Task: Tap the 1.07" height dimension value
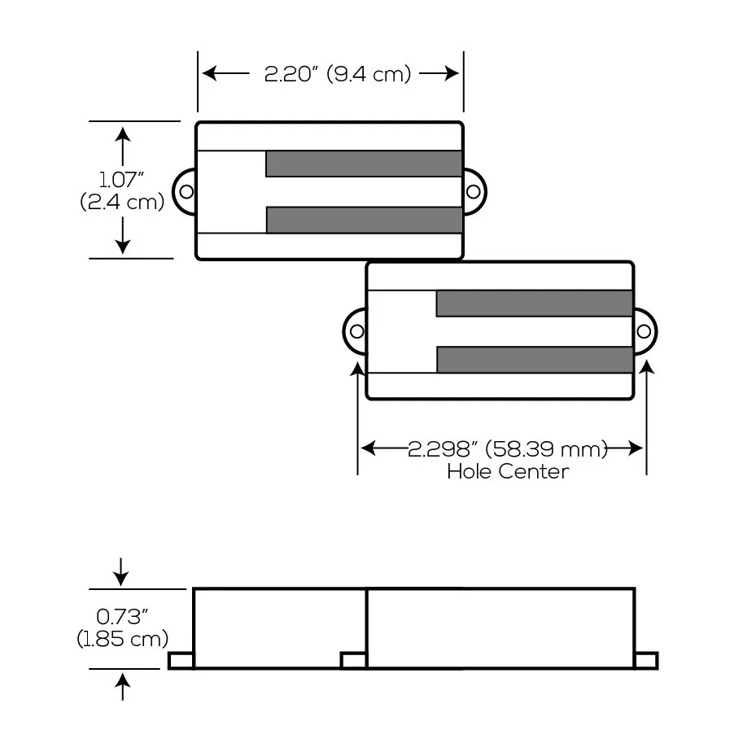point(122,179)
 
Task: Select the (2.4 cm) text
point(122,202)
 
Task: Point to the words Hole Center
point(508,471)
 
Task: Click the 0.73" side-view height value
point(122,617)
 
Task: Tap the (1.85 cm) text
point(122,639)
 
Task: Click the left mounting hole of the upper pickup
point(187,192)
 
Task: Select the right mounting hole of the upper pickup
point(473,191)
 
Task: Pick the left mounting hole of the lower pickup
point(356,331)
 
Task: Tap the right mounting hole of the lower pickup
point(644,331)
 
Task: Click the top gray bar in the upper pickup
point(364,164)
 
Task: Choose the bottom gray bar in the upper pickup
point(364,220)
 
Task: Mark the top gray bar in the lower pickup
point(535,304)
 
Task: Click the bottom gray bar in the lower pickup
point(535,360)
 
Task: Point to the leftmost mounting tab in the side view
point(181,661)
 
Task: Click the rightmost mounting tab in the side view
point(646,661)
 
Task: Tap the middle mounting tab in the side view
point(353,661)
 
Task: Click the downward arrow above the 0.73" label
point(121,572)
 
